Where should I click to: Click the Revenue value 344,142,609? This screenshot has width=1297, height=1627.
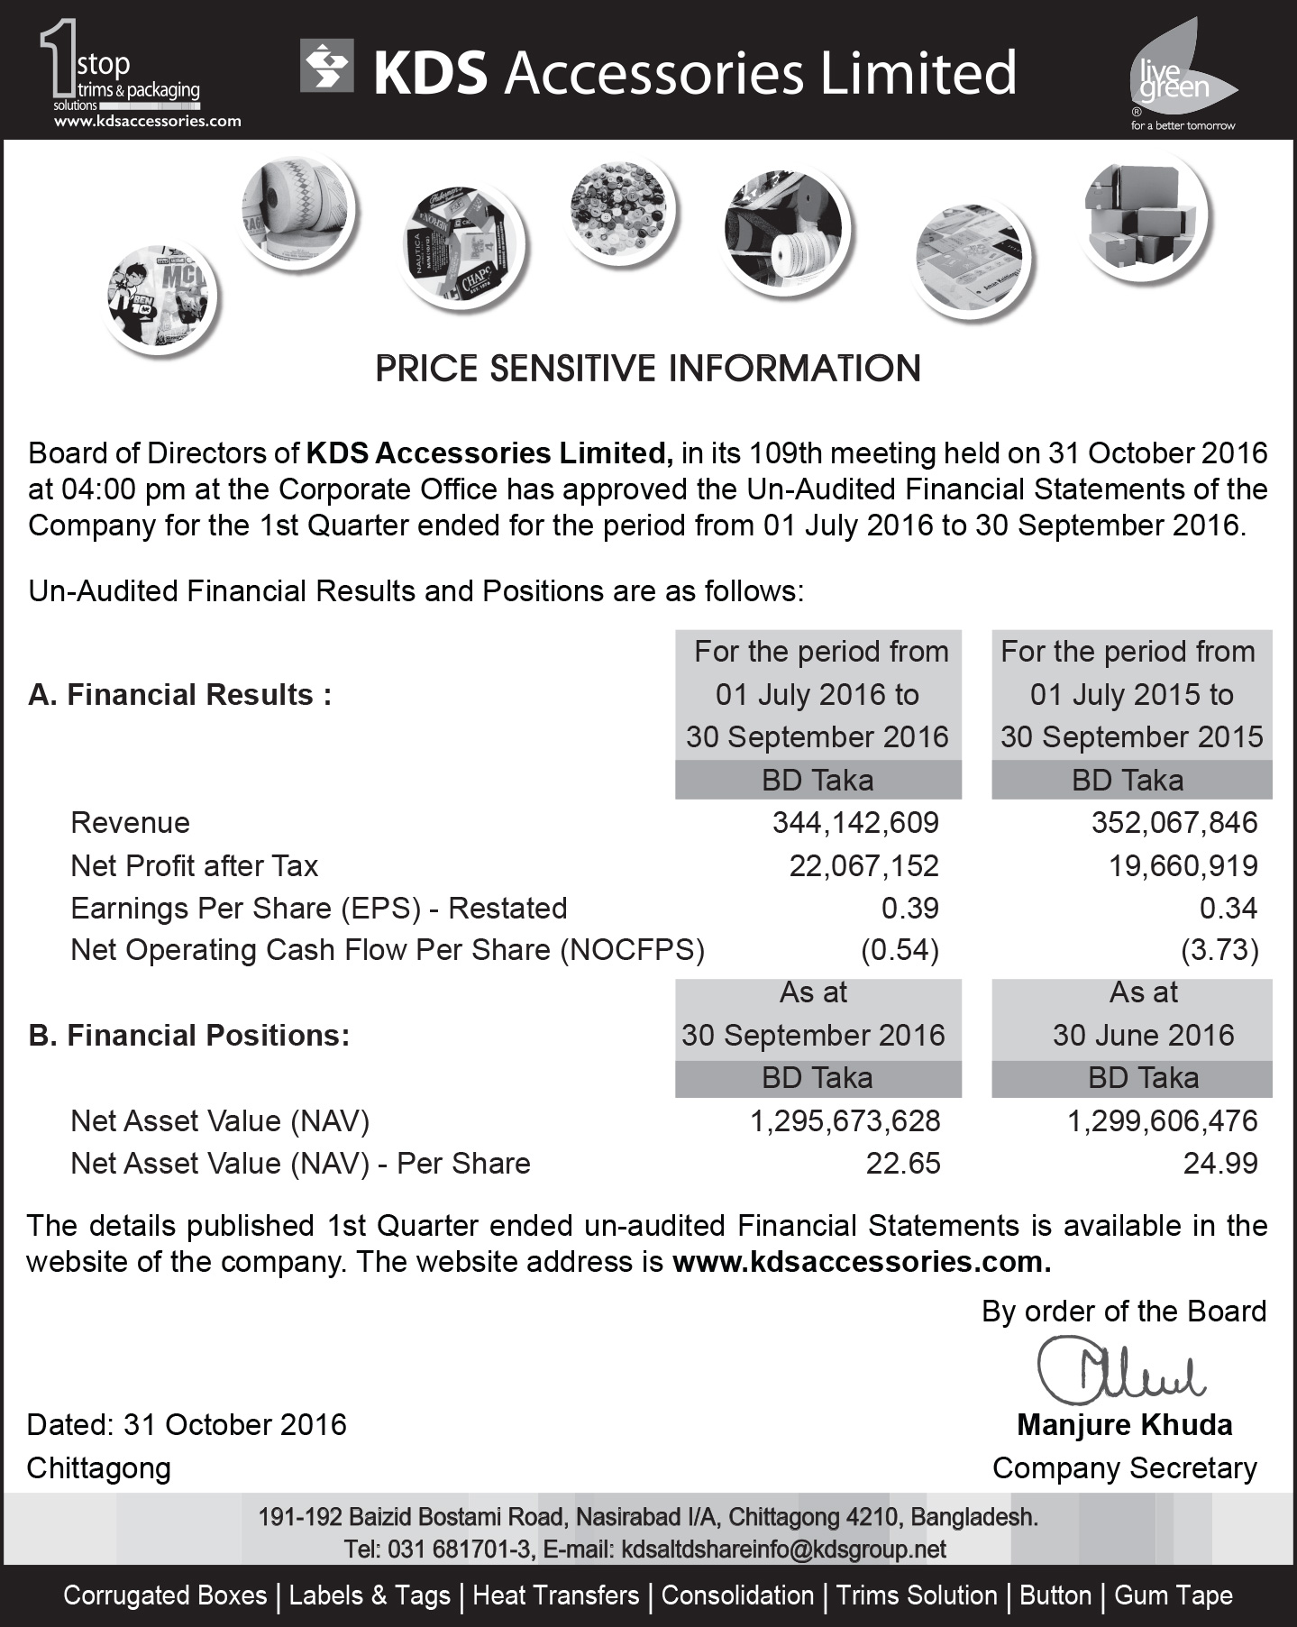pyautogui.click(x=855, y=823)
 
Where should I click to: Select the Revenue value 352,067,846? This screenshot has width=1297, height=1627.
pyautogui.click(x=1174, y=823)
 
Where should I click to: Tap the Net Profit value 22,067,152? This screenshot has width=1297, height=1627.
pyautogui.click(x=863, y=866)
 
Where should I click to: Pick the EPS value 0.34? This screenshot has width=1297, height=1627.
pyautogui.click(x=1228, y=909)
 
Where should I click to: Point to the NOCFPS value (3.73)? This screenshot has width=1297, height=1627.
pyautogui.click(x=1219, y=950)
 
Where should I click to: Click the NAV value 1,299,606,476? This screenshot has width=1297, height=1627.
pyautogui.click(x=1162, y=1121)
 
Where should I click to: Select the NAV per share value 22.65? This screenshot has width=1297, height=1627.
pyautogui.click(x=903, y=1164)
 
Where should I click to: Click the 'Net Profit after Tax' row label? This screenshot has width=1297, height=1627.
pyautogui.click(x=195, y=866)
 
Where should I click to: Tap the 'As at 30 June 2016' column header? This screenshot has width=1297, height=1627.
pyautogui.click(x=1143, y=1015)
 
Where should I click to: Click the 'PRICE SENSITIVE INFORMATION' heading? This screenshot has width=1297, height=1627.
pyautogui.click(x=648, y=369)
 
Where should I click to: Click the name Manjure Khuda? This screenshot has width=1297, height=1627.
pyautogui.click(x=1124, y=1425)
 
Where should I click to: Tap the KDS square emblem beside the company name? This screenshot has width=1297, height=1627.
pyautogui.click(x=326, y=68)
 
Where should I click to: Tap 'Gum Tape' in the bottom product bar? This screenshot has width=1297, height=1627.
pyautogui.click(x=1173, y=1595)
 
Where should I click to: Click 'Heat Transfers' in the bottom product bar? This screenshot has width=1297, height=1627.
pyautogui.click(x=555, y=1595)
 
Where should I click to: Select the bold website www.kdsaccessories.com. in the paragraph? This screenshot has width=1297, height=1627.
pyautogui.click(x=862, y=1262)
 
